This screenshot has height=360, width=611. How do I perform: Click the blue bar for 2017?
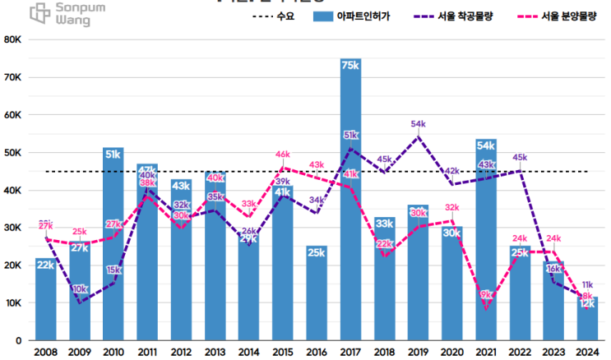351,205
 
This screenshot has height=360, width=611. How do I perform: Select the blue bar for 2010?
113,247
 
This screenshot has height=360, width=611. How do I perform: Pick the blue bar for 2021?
486,247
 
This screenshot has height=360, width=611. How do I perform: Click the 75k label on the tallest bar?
351,66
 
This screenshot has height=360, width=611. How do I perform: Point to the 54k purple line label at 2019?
419,124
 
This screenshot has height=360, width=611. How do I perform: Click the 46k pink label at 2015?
283,155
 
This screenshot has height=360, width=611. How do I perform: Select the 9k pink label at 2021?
486,294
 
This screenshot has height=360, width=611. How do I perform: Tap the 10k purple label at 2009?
80,289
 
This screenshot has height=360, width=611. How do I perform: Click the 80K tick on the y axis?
16,39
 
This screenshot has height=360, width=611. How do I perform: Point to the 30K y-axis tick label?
16,228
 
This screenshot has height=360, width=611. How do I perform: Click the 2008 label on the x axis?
46,352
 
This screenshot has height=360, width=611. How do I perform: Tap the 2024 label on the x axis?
587,352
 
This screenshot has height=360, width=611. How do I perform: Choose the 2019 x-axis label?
419,352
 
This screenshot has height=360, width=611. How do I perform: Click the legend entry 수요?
275,16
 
